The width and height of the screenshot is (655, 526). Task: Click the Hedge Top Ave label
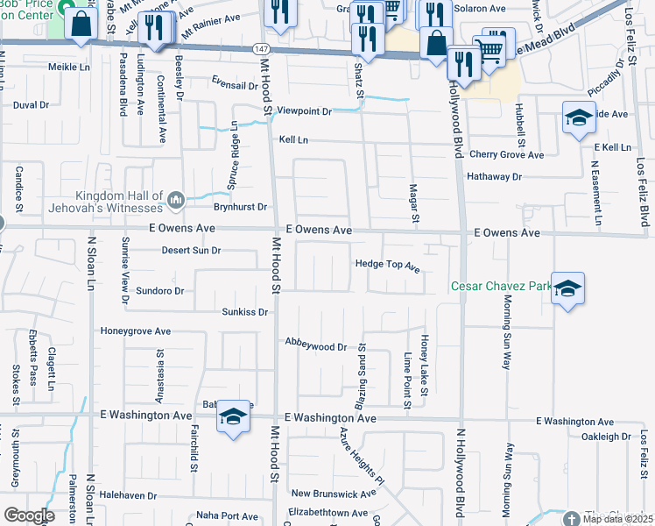coord(388,264)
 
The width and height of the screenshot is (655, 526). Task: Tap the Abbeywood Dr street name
coord(317,347)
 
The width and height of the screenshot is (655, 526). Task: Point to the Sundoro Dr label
coord(159,290)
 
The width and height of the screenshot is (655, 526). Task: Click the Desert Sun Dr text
coord(192,251)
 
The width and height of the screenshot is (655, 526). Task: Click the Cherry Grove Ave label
coord(506,155)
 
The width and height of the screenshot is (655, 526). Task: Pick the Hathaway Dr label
coord(495,176)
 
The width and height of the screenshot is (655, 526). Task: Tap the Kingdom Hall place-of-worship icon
coord(176,201)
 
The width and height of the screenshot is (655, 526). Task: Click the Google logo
coord(30,515)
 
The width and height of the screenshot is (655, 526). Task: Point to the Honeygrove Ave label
coord(136,331)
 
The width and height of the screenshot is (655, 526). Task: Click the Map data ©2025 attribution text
coord(617,519)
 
